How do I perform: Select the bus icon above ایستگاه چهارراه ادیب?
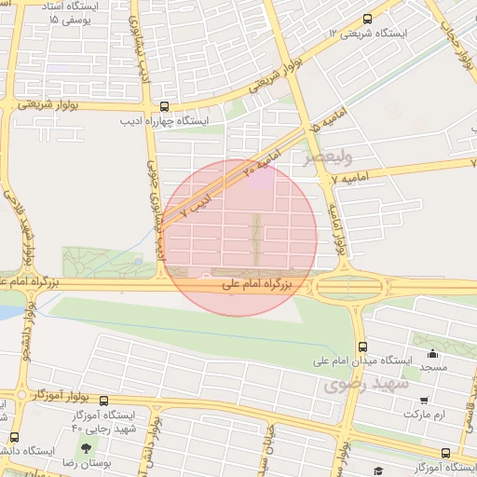[x=165, y=106]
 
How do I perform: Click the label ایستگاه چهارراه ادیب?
[x=165, y=121]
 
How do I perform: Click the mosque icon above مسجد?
[x=432, y=354]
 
